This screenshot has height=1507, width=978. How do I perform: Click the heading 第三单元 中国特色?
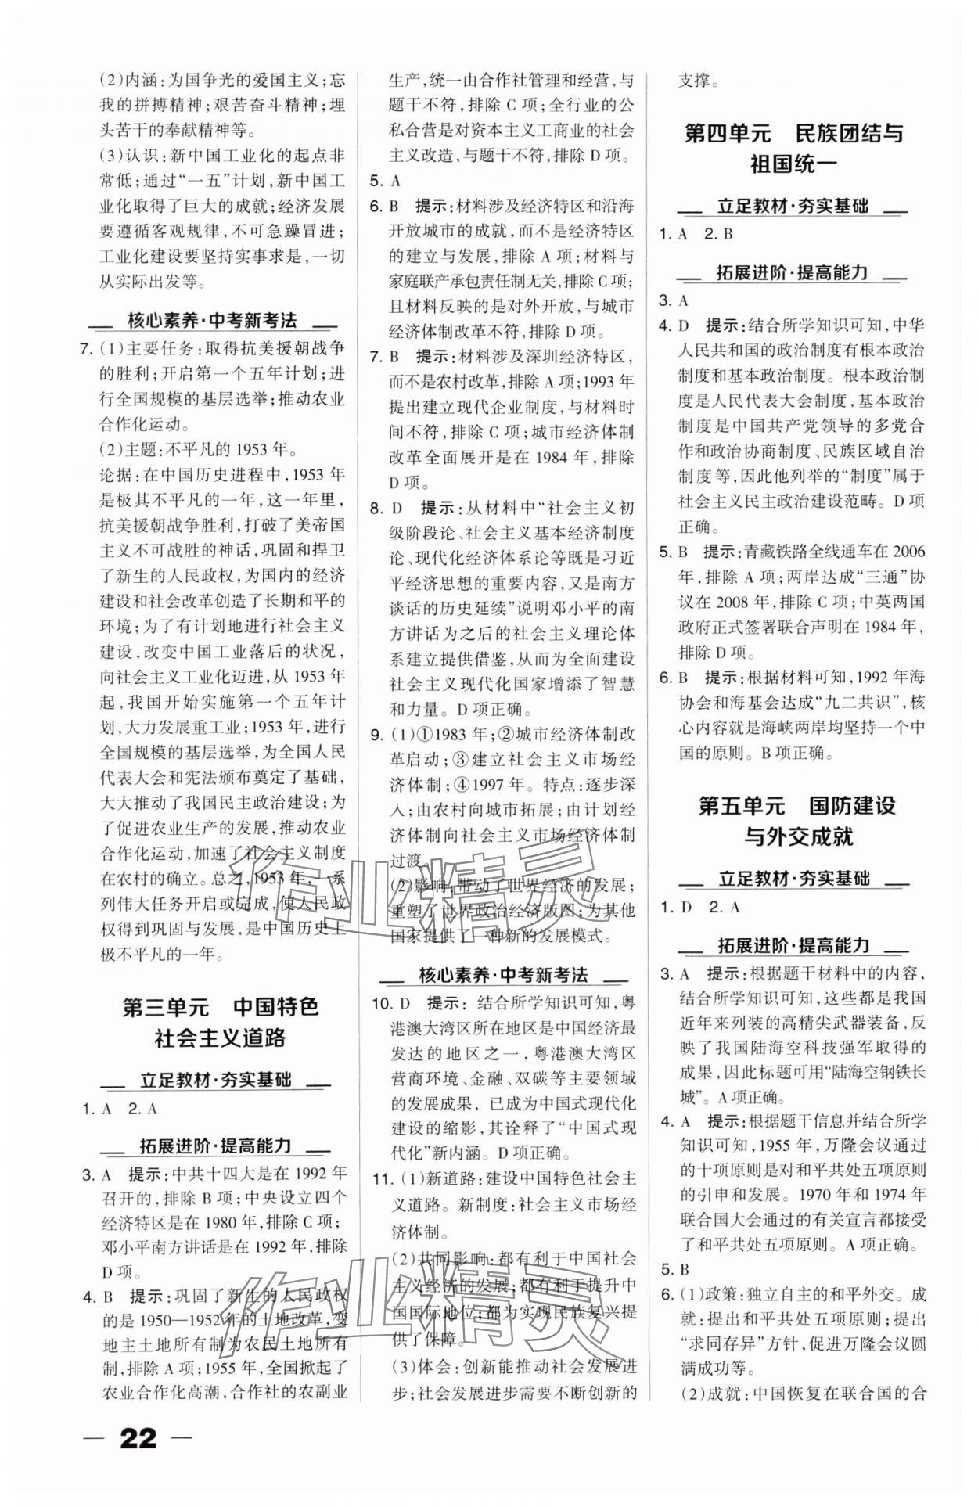(221, 1006)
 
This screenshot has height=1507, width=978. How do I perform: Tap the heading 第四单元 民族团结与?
(793, 132)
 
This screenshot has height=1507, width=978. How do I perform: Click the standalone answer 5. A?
(385, 181)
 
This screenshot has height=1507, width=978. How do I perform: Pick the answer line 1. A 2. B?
(696, 233)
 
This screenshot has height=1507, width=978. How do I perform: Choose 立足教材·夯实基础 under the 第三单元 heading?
(215, 1081)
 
